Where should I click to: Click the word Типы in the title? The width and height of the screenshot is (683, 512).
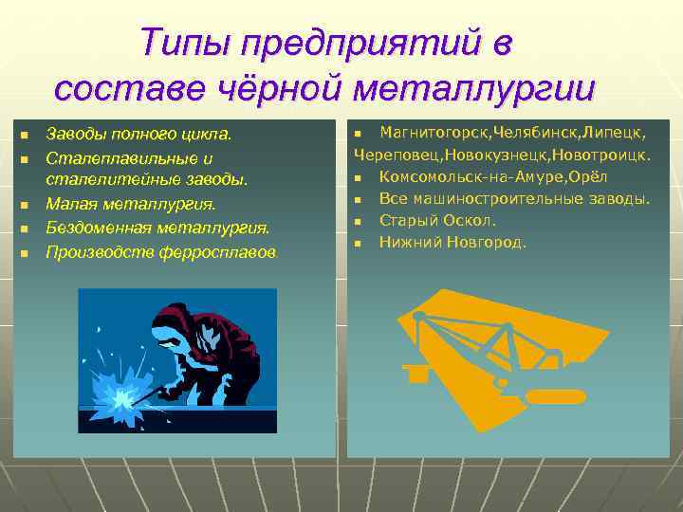(x=186, y=44)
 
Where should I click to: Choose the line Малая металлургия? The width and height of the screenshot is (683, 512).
(x=131, y=204)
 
